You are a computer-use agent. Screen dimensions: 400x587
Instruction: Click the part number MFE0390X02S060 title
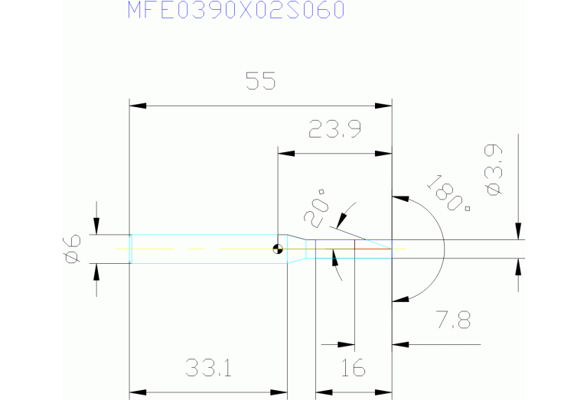pos(236,11)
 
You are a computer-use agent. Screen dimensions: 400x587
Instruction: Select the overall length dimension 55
pos(259,81)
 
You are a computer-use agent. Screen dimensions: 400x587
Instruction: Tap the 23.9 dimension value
pos(334,130)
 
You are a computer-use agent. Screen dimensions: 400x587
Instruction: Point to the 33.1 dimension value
pos(207,369)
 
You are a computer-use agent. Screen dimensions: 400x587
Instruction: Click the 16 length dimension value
pos(353,369)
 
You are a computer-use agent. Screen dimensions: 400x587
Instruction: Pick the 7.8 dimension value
pos(452,320)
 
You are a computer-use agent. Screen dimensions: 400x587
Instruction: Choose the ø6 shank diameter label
pos(70,249)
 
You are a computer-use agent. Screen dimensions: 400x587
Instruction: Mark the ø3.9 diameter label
pos(494,171)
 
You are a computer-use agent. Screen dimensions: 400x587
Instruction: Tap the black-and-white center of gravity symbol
pos(276,248)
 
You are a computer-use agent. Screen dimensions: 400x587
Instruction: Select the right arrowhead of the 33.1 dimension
pos(281,393)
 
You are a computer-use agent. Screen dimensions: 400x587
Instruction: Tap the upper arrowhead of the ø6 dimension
pos(96,228)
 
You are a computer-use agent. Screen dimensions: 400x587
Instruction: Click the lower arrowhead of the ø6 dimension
pos(96,269)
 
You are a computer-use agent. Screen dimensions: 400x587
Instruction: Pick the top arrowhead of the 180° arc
pos(398,198)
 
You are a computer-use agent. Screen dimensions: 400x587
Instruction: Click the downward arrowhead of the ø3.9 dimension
pos(519,233)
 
